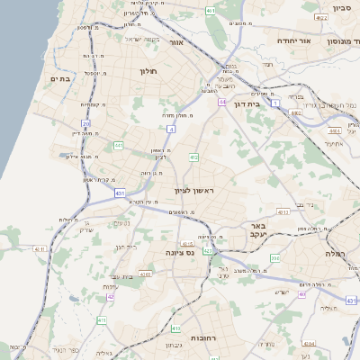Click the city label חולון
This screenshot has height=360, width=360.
click(148, 70)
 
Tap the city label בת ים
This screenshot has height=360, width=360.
click(59, 79)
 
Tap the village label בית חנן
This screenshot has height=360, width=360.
click(125, 246)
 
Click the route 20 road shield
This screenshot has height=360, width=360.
click(85, 124)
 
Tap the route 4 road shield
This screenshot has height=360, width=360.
click(170, 129)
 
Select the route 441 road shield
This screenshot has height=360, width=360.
click(118, 145)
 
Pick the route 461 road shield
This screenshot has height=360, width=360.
click(210, 11)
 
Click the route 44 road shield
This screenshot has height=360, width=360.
click(221, 103)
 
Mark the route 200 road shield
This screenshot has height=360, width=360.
click(274, 258)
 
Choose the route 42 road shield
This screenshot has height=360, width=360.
click(111, 296)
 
